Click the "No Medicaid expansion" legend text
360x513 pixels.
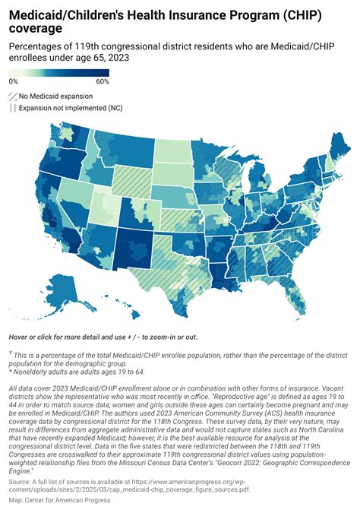(x=55, y=97)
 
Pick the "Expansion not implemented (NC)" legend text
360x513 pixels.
(x=69, y=109)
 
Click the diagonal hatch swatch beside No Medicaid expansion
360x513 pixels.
(x=13, y=97)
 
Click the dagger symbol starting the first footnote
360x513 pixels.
(x=11, y=353)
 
